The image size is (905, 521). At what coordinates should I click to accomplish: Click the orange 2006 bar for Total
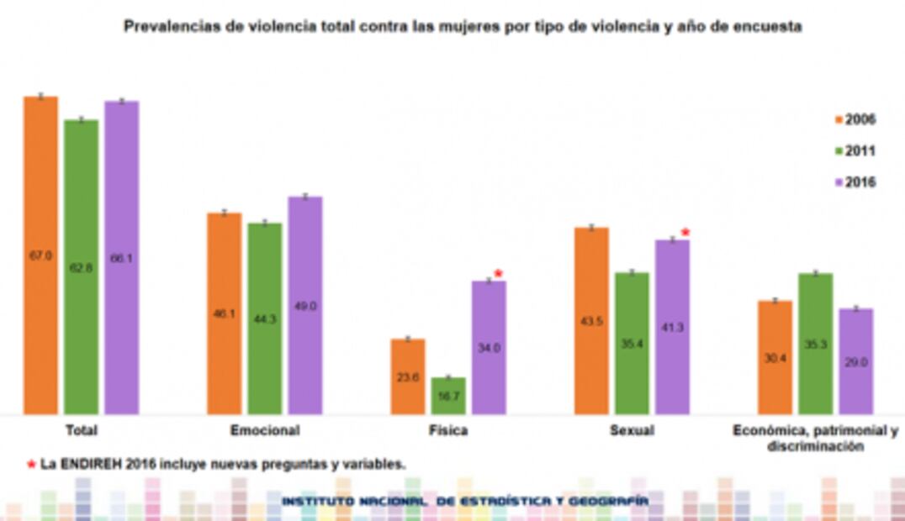40,252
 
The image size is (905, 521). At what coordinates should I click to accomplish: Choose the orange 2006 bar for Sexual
591,319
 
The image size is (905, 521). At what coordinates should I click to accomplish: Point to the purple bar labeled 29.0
856,361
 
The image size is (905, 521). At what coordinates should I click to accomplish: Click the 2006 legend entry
855,120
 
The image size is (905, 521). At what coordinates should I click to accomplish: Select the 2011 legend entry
855,151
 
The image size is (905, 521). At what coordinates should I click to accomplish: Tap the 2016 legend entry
855,182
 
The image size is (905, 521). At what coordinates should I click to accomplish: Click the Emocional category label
264,430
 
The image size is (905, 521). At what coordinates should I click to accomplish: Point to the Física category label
447,430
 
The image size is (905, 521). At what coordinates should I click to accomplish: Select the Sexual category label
632,430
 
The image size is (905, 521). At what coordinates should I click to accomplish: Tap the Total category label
81,430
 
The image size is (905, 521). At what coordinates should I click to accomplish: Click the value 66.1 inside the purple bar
121,259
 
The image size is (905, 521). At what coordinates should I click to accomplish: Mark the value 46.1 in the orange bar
224,313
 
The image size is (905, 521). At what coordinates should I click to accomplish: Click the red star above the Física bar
498,273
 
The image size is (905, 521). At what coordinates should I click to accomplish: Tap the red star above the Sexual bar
685,233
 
